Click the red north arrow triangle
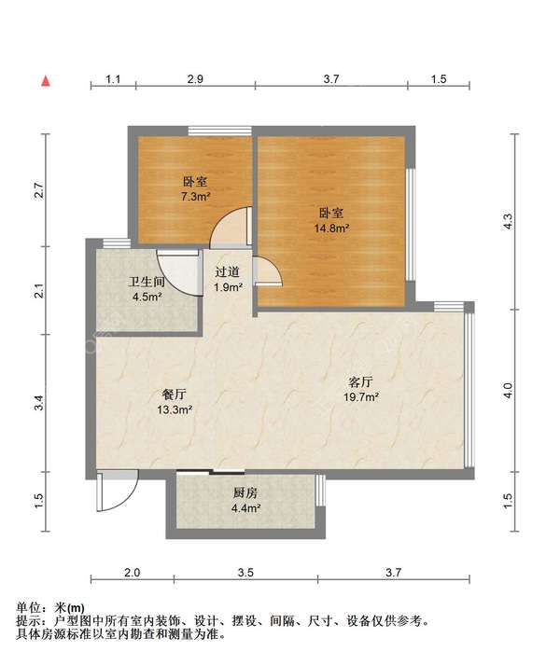tap(46, 81)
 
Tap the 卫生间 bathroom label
tap(146, 282)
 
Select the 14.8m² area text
tap(331, 229)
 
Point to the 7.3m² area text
tap(196, 197)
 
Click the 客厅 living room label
tap(360, 381)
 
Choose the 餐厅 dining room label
tap(175, 394)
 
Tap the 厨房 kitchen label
tap(245, 492)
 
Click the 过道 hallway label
tap(227, 271)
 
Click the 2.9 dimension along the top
tap(195, 79)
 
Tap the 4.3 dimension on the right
tap(508, 221)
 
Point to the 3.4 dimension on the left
tap(39, 403)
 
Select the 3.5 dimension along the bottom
tap(245, 573)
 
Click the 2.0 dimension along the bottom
tap(132, 573)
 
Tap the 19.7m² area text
tap(361, 397)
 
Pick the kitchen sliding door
tap(211, 472)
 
